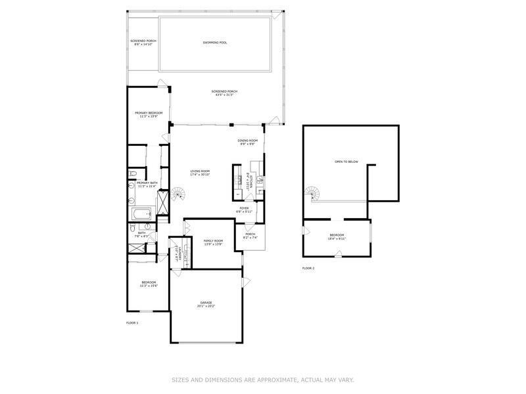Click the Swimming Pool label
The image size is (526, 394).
point(215,43)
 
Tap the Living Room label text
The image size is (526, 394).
point(200,171)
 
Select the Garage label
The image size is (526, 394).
point(206,302)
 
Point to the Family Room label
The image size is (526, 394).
point(213,241)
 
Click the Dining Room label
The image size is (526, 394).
point(248,141)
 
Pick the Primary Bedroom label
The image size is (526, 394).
point(148,113)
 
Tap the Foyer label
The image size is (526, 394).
point(244,208)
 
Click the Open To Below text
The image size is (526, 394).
point(347,162)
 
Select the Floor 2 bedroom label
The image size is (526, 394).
point(337,235)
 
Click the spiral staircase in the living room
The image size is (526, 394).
point(178,194)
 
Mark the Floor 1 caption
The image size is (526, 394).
point(132,322)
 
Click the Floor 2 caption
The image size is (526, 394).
point(308,268)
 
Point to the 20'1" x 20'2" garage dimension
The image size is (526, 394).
point(206,306)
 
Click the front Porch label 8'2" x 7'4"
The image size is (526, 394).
point(251,236)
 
